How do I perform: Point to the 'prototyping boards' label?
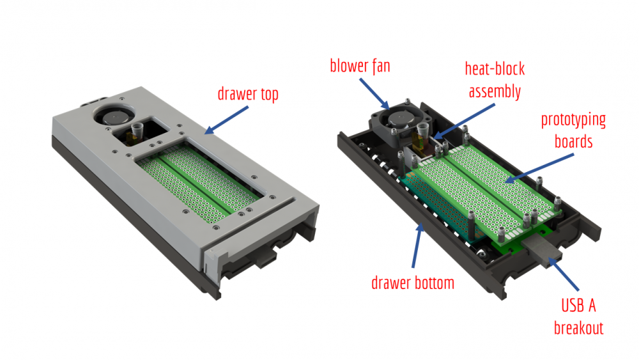point(573,130)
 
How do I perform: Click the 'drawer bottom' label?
point(412,283)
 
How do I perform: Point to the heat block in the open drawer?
point(422,140)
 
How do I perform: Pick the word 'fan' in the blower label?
point(378,65)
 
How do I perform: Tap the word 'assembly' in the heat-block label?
point(495,91)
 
